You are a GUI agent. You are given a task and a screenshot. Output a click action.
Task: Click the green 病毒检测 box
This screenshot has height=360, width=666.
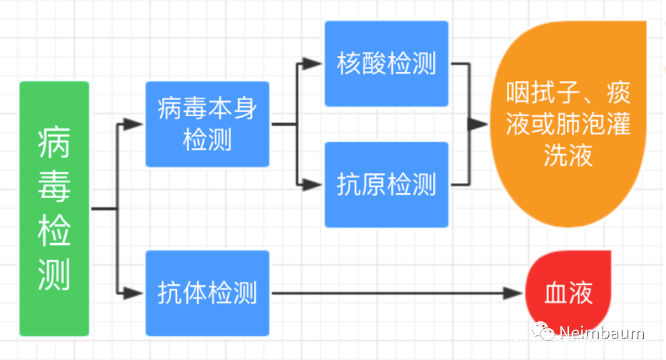[54, 208]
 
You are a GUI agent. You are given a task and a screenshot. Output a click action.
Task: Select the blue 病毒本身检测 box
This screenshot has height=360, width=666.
[207, 124]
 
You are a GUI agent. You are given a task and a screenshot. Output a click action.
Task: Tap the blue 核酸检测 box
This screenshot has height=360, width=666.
[386, 63]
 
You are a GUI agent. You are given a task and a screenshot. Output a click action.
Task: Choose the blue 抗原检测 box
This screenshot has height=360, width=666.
[386, 185]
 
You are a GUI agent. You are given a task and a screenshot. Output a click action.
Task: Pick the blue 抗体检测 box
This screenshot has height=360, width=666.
[207, 293]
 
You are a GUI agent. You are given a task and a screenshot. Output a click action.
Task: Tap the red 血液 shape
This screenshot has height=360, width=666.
[568, 293]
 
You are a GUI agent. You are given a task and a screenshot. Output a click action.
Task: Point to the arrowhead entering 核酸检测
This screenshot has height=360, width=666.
[312, 63]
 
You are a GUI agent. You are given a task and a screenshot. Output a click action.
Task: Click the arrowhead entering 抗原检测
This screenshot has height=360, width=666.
[312, 185]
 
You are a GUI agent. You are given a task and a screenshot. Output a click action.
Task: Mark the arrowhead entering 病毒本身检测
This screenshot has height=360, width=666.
[133, 124]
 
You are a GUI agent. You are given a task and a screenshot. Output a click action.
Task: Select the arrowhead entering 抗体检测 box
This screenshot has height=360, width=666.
[133, 293]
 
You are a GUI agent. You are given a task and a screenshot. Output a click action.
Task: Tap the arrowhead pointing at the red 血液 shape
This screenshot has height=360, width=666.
[512, 293]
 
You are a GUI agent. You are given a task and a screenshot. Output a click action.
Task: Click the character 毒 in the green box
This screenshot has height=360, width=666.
[54, 187]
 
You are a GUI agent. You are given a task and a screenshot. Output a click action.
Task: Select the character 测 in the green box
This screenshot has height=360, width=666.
[54, 274]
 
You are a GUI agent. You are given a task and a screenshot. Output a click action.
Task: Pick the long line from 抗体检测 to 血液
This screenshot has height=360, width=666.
[387, 293]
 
